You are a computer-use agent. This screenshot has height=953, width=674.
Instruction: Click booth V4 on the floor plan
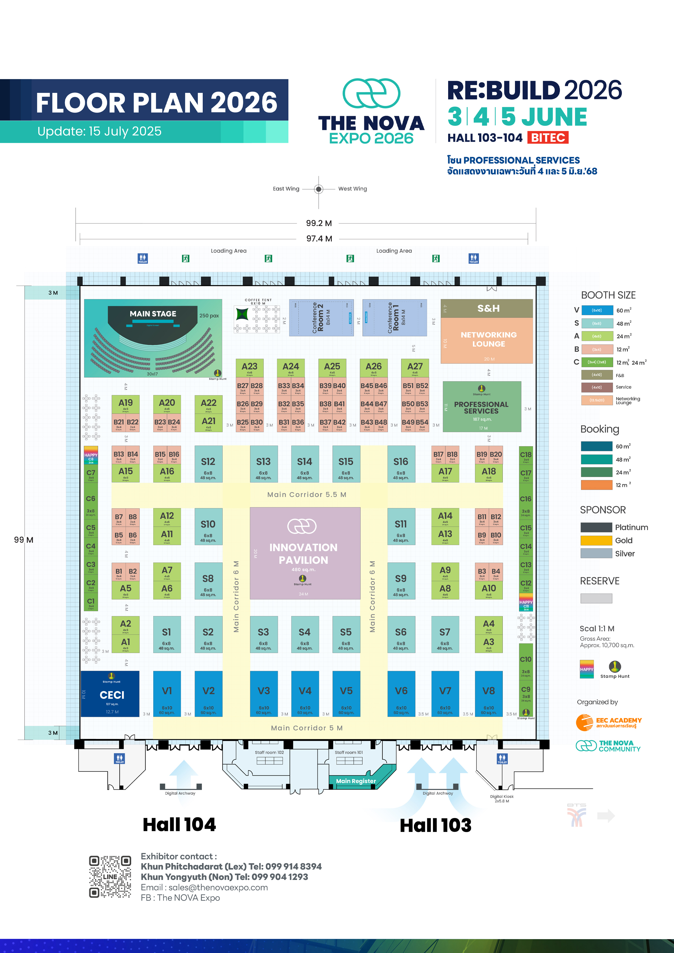tap(305, 694)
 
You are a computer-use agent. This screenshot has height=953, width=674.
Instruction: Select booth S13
tap(263, 464)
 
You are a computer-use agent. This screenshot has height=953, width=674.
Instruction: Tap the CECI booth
tap(110, 694)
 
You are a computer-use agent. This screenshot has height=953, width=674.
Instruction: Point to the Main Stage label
tap(153, 314)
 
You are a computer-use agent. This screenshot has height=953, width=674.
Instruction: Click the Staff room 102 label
tap(269, 752)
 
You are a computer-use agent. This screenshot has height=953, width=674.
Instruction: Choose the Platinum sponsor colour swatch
tap(596, 527)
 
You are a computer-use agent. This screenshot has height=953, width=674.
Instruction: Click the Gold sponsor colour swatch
tap(596, 540)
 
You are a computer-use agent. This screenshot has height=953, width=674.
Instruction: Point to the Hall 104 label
tap(179, 824)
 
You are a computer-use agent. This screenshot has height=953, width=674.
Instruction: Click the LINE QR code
tap(110, 877)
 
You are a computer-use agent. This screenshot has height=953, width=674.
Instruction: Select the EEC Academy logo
tap(609, 722)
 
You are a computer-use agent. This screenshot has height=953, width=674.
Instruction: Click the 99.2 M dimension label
tap(319, 223)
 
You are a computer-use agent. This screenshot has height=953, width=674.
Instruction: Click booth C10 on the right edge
tap(525, 660)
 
